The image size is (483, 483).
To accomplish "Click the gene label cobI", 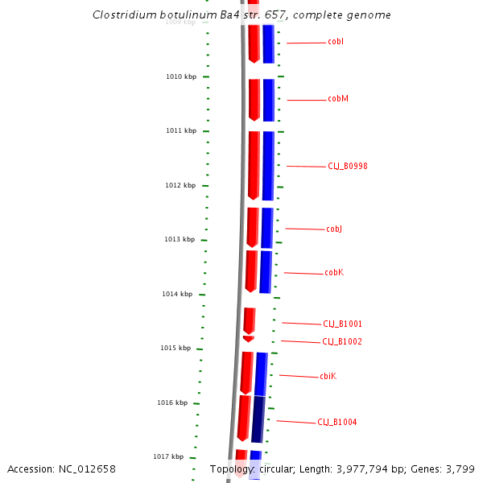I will click(336, 41).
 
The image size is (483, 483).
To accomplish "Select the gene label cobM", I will click(338, 99).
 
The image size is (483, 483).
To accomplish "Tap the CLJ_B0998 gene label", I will click(348, 166).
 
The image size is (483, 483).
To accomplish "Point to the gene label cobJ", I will click(334, 229).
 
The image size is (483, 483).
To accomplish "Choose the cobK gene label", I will click(334, 273).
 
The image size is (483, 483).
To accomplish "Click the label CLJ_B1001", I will click(343, 324).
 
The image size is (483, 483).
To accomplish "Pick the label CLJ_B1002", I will click(342, 341).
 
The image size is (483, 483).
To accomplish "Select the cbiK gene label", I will click(328, 376).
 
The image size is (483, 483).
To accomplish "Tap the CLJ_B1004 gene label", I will click(337, 422).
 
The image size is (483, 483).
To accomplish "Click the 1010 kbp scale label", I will click(181, 76).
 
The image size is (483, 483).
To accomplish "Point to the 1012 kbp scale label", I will click(180, 185).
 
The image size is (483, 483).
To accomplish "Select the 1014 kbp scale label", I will click(177, 294).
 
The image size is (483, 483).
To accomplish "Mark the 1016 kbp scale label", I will click(172, 402).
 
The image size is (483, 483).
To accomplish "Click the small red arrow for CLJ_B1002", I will click(248, 339).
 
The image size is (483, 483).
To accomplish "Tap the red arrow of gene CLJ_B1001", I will click(250, 320).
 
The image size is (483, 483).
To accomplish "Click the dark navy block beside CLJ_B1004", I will click(258, 419).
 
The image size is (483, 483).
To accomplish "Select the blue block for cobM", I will click(269, 99).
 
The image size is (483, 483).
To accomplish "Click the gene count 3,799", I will click(460, 469).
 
